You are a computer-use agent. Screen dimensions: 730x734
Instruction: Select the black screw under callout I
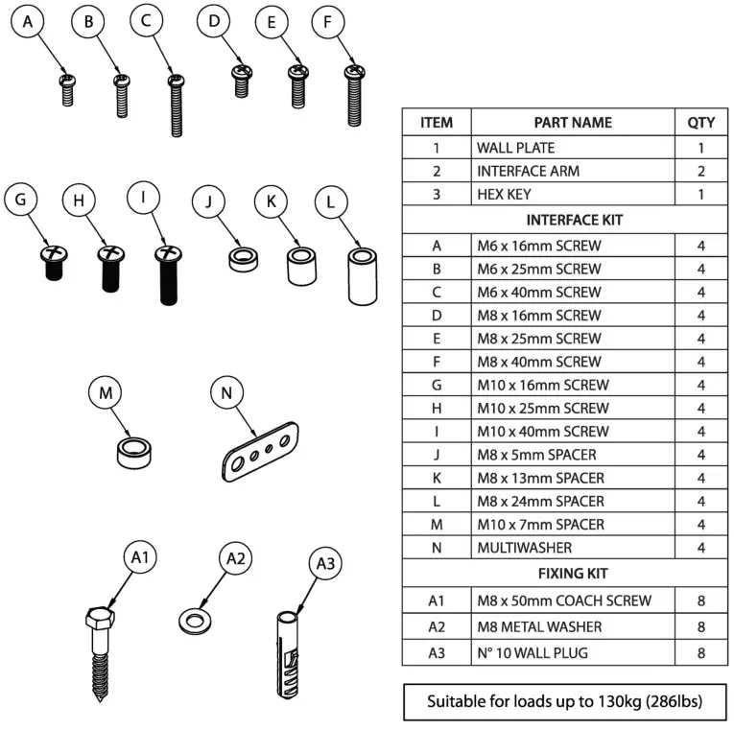[x=168, y=275]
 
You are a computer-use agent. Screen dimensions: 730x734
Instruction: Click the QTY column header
[x=700, y=123]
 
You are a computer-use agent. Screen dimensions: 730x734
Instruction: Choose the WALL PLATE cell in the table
[x=516, y=148]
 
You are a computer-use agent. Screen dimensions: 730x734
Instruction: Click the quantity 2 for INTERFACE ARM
[x=700, y=171]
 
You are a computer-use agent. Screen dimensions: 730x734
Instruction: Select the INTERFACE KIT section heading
[x=566, y=220]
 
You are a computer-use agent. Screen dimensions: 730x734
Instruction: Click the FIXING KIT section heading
[x=566, y=573]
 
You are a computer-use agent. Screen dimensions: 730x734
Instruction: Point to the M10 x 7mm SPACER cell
[x=540, y=525]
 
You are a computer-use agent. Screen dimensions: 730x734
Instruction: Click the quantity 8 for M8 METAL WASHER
[x=700, y=626]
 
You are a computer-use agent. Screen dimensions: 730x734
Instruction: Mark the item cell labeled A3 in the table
[x=436, y=653]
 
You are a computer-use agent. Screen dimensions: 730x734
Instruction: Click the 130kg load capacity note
[x=565, y=702]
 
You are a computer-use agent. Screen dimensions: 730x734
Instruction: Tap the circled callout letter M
[x=105, y=392]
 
